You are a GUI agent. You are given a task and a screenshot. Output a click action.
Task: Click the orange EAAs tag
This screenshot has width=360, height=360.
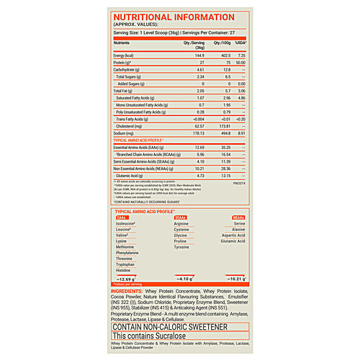click(x=123, y=217)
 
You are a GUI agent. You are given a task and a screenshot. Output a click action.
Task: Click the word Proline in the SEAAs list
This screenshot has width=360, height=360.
click(x=181, y=242)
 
